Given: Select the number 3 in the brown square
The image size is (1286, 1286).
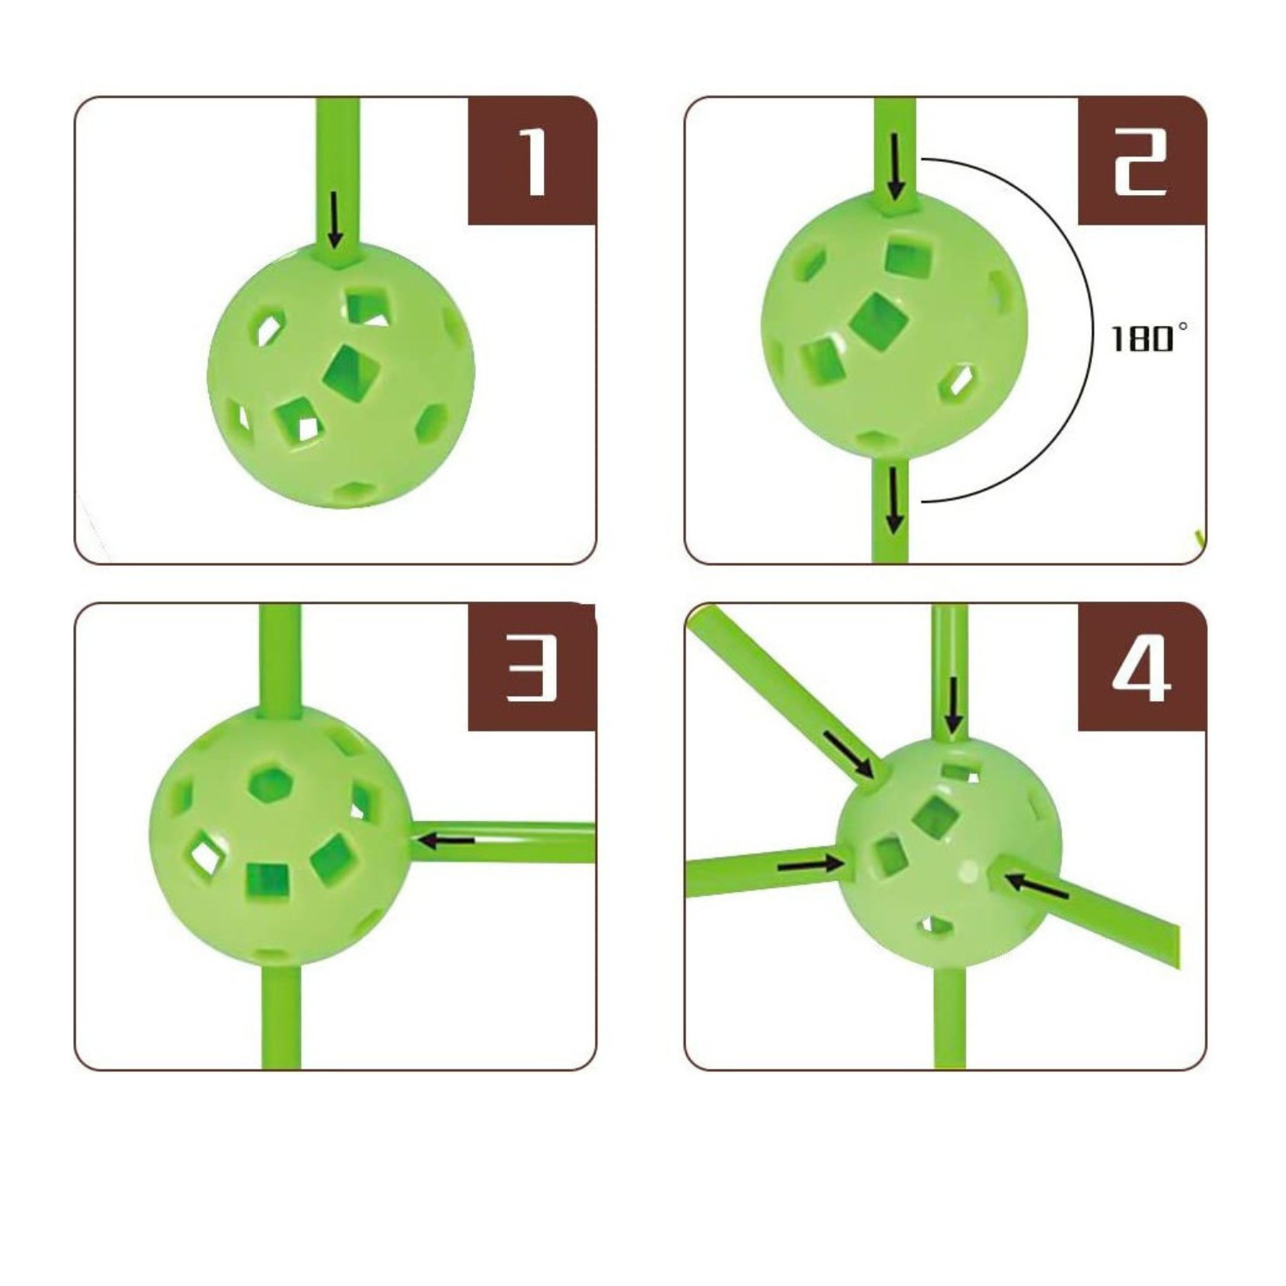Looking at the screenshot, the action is [x=532, y=666].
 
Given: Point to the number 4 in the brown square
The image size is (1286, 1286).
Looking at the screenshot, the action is [x=1142, y=667].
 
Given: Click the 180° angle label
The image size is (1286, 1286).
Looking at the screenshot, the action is [x=1149, y=337].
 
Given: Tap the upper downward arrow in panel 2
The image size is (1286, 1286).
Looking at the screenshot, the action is [x=896, y=168].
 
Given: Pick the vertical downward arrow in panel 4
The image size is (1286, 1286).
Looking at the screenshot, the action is [x=954, y=705].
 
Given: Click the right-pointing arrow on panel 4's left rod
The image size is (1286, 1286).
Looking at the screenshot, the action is [x=810, y=864].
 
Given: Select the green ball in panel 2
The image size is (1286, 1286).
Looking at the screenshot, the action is [x=895, y=324].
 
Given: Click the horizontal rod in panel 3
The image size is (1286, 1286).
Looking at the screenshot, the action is [x=502, y=841].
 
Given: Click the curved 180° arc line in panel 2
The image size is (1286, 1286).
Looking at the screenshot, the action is [x=1092, y=329].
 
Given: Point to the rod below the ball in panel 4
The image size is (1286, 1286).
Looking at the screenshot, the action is [x=950, y=1017].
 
